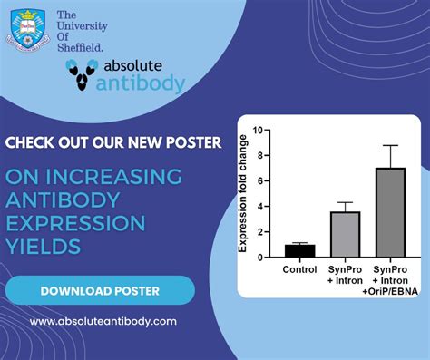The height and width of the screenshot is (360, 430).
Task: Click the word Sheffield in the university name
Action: pyautogui.click(x=80, y=45)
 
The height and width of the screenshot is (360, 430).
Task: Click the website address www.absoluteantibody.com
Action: pyautogui.click(x=103, y=321)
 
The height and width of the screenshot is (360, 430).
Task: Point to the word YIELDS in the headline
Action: pyautogui.click(x=44, y=247)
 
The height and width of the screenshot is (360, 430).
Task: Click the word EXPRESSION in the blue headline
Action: pyautogui.click(x=75, y=223)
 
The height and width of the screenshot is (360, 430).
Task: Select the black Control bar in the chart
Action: pyautogui.click(x=299, y=250)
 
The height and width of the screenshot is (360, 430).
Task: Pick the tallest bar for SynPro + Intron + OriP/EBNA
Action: pyautogui.click(x=391, y=212)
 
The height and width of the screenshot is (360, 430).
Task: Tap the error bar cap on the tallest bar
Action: pyautogui.click(x=391, y=145)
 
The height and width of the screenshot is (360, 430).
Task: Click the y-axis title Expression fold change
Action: pyautogui.click(x=243, y=193)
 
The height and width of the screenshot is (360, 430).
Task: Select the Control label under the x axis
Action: pyautogui.click(x=299, y=269)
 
